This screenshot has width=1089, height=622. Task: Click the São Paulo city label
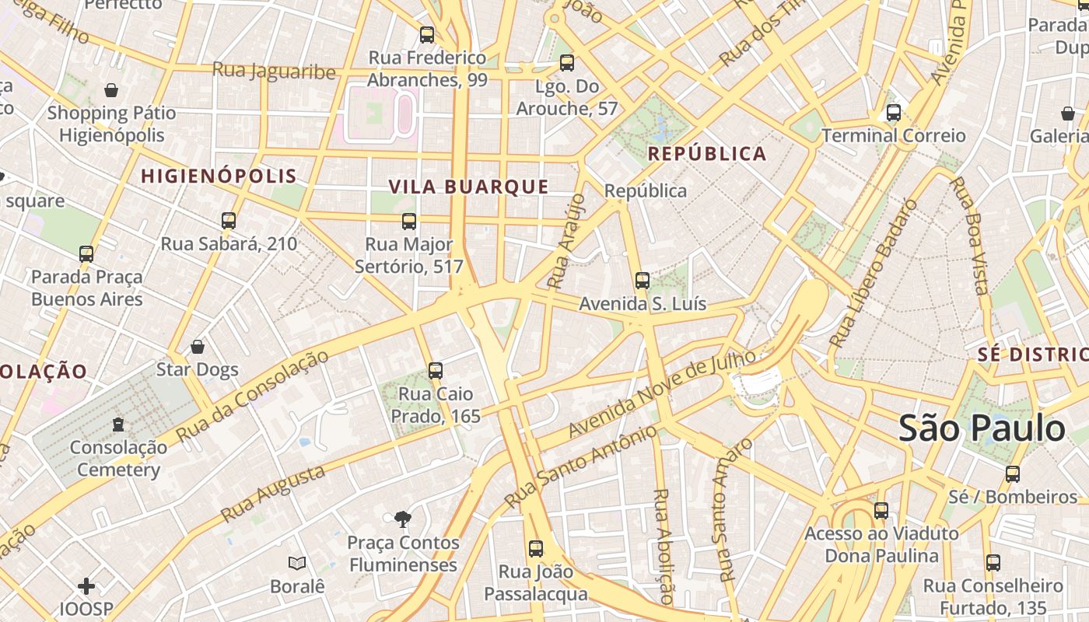click(982, 429)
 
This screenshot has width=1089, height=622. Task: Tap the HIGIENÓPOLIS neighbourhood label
click(219, 176)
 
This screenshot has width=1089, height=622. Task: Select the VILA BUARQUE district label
click(468, 187)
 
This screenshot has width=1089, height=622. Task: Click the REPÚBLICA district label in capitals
click(707, 154)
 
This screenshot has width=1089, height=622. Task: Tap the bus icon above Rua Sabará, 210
click(228, 221)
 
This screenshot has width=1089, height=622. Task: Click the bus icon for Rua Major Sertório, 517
click(409, 222)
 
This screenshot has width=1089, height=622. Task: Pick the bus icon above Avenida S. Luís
click(642, 281)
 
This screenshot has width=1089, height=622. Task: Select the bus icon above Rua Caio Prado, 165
click(436, 371)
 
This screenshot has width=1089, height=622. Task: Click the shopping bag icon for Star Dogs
click(198, 347)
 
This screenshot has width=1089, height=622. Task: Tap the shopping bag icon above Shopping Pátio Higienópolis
click(111, 90)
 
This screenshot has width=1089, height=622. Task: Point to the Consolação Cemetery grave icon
click(117, 425)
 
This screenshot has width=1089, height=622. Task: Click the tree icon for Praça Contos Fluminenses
click(402, 519)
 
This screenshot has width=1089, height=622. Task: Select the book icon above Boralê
click(296, 563)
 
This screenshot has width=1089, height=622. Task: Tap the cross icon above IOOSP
click(86, 585)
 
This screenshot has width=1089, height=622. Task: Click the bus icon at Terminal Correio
click(893, 113)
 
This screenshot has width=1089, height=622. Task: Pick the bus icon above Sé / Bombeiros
click(1012, 473)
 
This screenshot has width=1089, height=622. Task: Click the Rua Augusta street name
click(272, 494)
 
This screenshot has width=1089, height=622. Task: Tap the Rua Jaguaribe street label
click(274, 72)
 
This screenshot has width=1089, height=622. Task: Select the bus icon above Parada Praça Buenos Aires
click(86, 254)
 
